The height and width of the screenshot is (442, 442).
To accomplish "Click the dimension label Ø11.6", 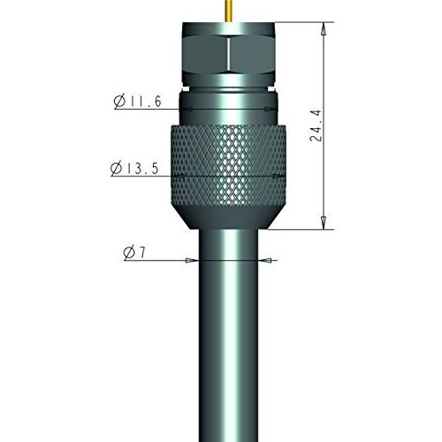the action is pos(138,102).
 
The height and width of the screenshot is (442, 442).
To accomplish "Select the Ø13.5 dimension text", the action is pos(134,169).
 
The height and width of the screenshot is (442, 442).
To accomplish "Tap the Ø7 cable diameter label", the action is pos(134,253).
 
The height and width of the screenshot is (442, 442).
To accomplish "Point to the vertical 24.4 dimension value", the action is pos(316,126).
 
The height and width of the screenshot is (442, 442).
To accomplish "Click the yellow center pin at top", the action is pos(229,11).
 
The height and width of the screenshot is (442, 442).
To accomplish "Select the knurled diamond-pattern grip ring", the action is pos(229,165).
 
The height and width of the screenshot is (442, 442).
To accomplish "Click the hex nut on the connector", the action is pos(229,55).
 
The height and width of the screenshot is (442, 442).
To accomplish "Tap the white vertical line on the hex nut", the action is pos(228,54).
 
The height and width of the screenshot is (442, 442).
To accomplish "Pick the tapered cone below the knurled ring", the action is pos(229,217).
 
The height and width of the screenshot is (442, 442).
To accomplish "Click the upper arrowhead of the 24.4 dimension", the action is pos(324,29).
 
